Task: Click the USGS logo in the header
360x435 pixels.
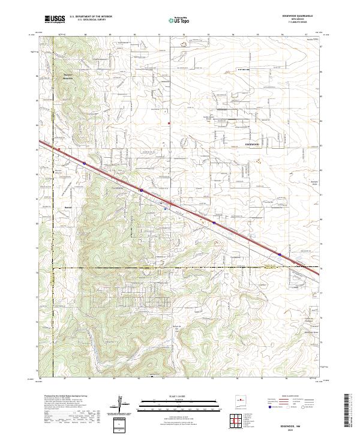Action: (x=55, y=19)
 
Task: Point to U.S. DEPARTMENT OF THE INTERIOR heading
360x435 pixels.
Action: (x=90, y=17)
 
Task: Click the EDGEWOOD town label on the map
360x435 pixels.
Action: (x=253, y=144)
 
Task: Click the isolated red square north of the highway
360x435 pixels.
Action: (x=169, y=124)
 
